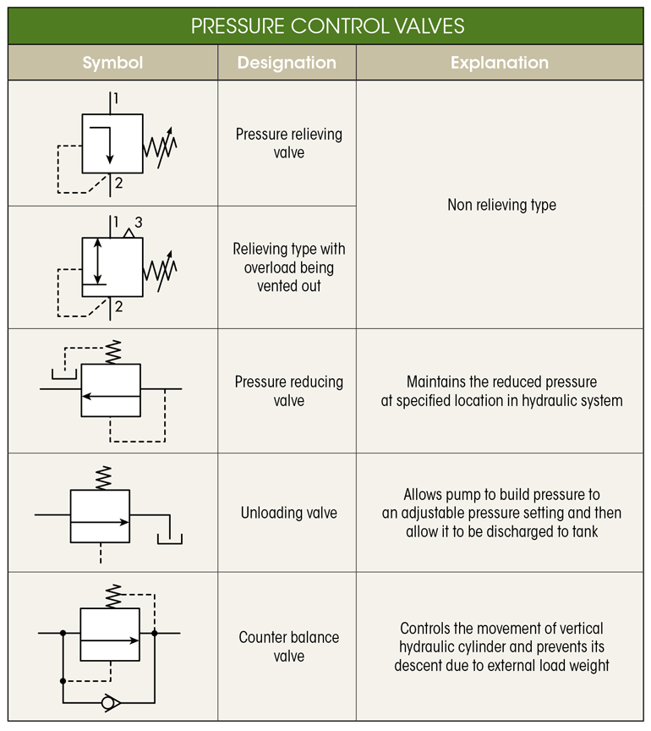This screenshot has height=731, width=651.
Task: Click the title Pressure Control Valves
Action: coord(327,25)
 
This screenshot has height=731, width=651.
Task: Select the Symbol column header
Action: coord(112,63)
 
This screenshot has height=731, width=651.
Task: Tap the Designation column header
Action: coord(287,63)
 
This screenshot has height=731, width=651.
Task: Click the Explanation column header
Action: coord(499,63)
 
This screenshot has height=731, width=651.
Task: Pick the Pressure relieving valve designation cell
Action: coord(288,143)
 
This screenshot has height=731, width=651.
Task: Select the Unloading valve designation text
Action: coord(288,513)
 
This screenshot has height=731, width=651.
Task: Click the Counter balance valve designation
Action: coord(288,646)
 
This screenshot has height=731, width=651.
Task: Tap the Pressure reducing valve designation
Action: coord(288,391)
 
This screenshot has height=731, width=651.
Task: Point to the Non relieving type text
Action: coord(501,205)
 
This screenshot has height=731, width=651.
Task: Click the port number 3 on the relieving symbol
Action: coord(139,223)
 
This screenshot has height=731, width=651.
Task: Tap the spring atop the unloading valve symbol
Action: coord(102,476)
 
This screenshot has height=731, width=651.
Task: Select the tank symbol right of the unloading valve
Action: coord(170,536)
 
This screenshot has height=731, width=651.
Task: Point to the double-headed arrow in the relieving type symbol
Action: coord(98,261)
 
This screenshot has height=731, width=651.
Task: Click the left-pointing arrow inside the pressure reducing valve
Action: coord(111,395)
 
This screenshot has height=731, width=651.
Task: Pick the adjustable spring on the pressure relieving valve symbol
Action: coord(161,145)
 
